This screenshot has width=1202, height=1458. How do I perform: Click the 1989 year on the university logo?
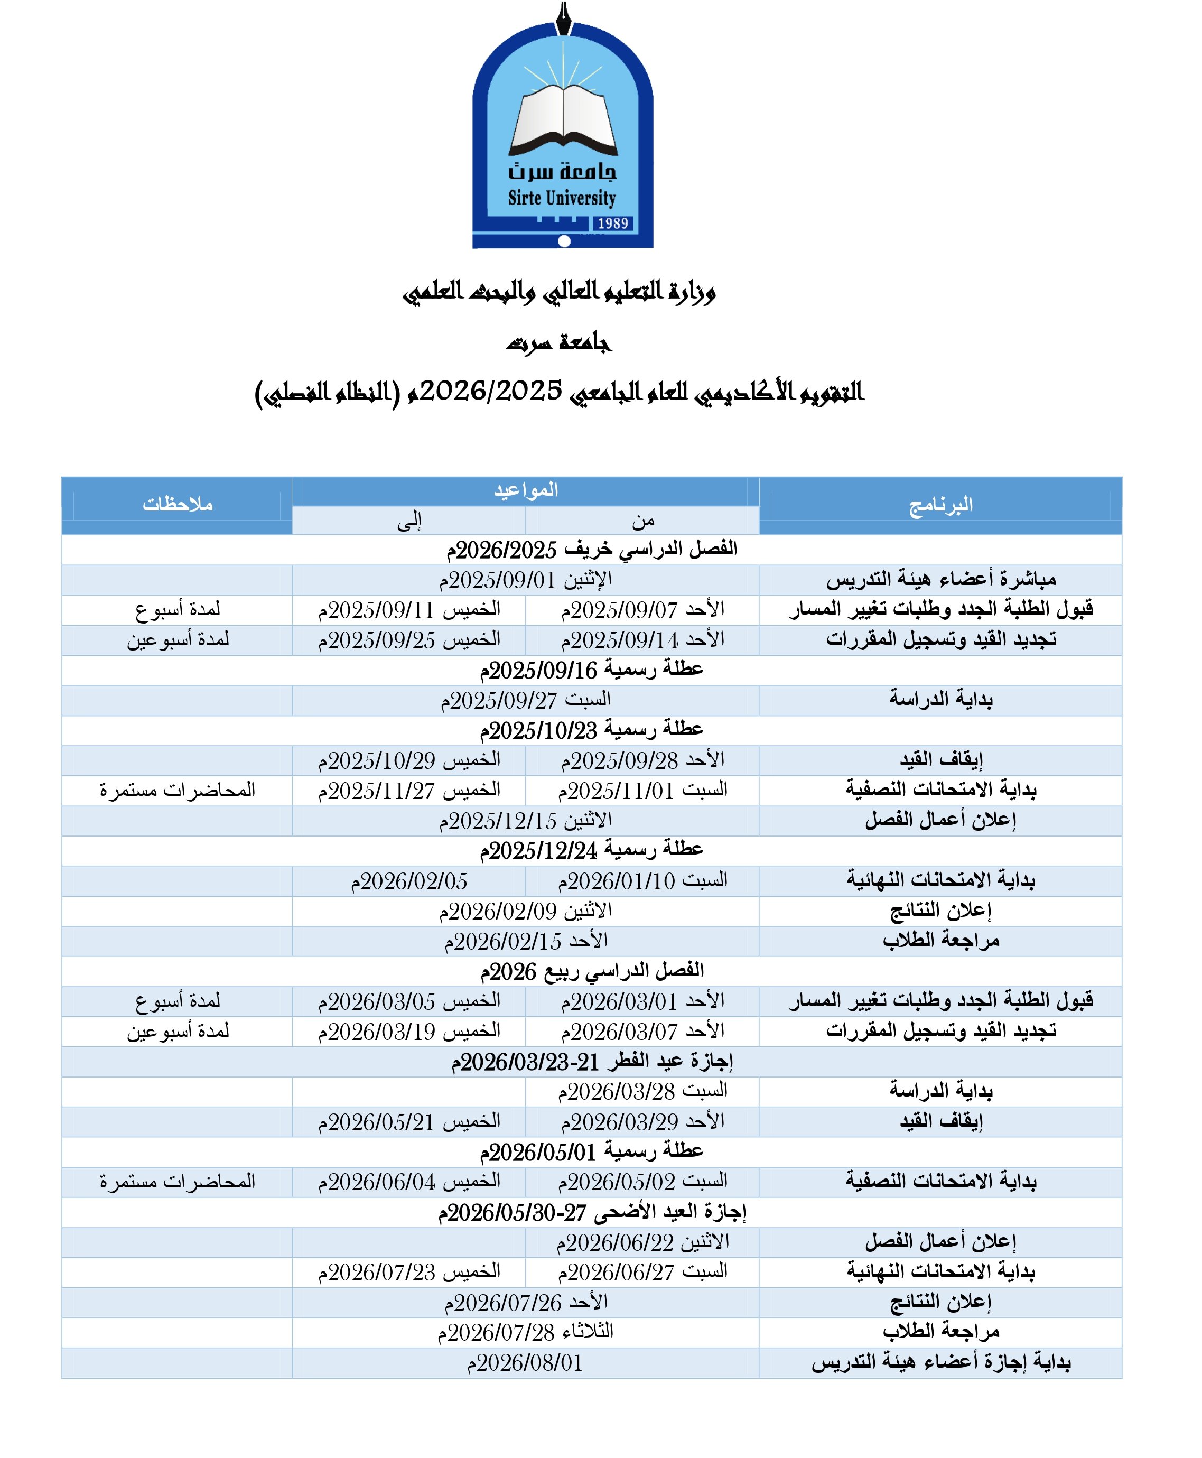pyautogui.click(x=612, y=223)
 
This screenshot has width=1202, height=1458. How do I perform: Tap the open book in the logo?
pyautogui.click(x=563, y=119)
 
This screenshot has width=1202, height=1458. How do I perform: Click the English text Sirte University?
pyautogui.click(x=562, y=198)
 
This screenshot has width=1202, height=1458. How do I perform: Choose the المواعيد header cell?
pyautogui.click(x=526, y=491)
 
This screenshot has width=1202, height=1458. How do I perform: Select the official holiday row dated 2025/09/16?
pyautogui.click(x=591, y=670)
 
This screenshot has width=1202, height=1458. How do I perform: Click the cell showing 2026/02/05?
pyautogui.click(x=408, y=881)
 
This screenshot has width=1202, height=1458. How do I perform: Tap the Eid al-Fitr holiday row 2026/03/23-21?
pyautogui.click(x=591, y=1062)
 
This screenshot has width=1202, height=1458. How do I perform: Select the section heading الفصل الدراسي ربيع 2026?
pyautogui.click(x=591, y=972)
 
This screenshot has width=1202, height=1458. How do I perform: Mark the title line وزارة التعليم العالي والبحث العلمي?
pyautogui.click(x=559, y=292)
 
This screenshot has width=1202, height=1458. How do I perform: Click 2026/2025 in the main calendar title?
pyautogui.click(x=490, y=392)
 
